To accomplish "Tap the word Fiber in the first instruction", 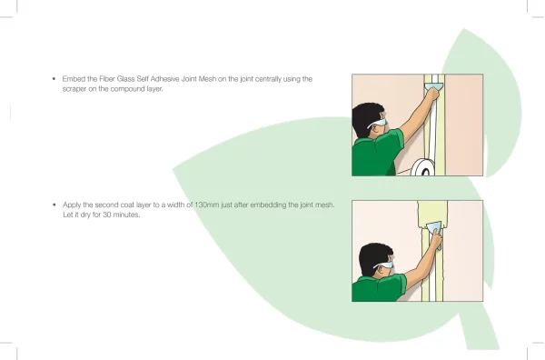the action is pos(106,79).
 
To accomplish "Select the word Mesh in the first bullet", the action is pos(207,79).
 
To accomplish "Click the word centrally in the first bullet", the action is pos(268,79).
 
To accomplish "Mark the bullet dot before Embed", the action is pos(54,79).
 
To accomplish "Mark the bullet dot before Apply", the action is pos(54,205).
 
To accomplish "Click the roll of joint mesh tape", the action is pos(422,167).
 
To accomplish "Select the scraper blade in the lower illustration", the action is pos(434,228).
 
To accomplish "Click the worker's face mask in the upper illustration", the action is pos(378,123).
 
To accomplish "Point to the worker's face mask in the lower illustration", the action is pos(384,265).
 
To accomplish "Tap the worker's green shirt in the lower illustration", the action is pos(378,288).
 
